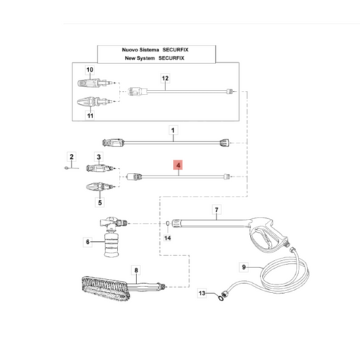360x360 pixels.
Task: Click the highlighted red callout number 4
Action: (178, 165)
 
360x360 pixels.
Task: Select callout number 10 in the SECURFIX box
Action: (90, 70)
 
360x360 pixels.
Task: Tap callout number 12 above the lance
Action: (165, 78)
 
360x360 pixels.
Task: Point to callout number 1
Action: (173, 130)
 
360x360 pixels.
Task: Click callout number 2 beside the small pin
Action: (72, 157)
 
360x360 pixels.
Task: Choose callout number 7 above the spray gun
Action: (216, 209)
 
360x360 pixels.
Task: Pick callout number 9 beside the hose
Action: (244, 267)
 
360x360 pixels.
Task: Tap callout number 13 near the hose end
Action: (202, 293)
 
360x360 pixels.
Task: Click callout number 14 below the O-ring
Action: (168, 238)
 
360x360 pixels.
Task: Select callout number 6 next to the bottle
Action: (88, 242)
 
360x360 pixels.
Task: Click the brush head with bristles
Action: (105, 289)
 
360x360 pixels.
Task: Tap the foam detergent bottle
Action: (111, 245)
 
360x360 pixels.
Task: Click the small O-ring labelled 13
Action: (221, 299)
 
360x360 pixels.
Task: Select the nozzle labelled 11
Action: (95, 102)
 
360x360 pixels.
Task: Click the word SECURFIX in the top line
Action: (176, 49)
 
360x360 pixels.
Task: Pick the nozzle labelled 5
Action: (99, 186)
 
